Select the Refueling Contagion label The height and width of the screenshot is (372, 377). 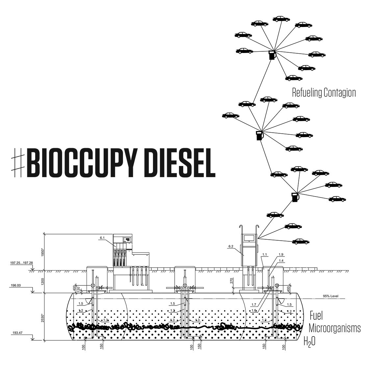[x=324, y=93]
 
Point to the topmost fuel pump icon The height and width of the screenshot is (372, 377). [x=272, y=55]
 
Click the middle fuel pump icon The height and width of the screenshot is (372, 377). [x=260, y=135]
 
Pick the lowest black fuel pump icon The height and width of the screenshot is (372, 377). [x=295, y=198]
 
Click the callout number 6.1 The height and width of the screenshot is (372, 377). [x=102, y=237]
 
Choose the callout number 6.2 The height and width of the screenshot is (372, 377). [x=230, y=246]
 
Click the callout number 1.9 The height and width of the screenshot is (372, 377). [x=281, y=254]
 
